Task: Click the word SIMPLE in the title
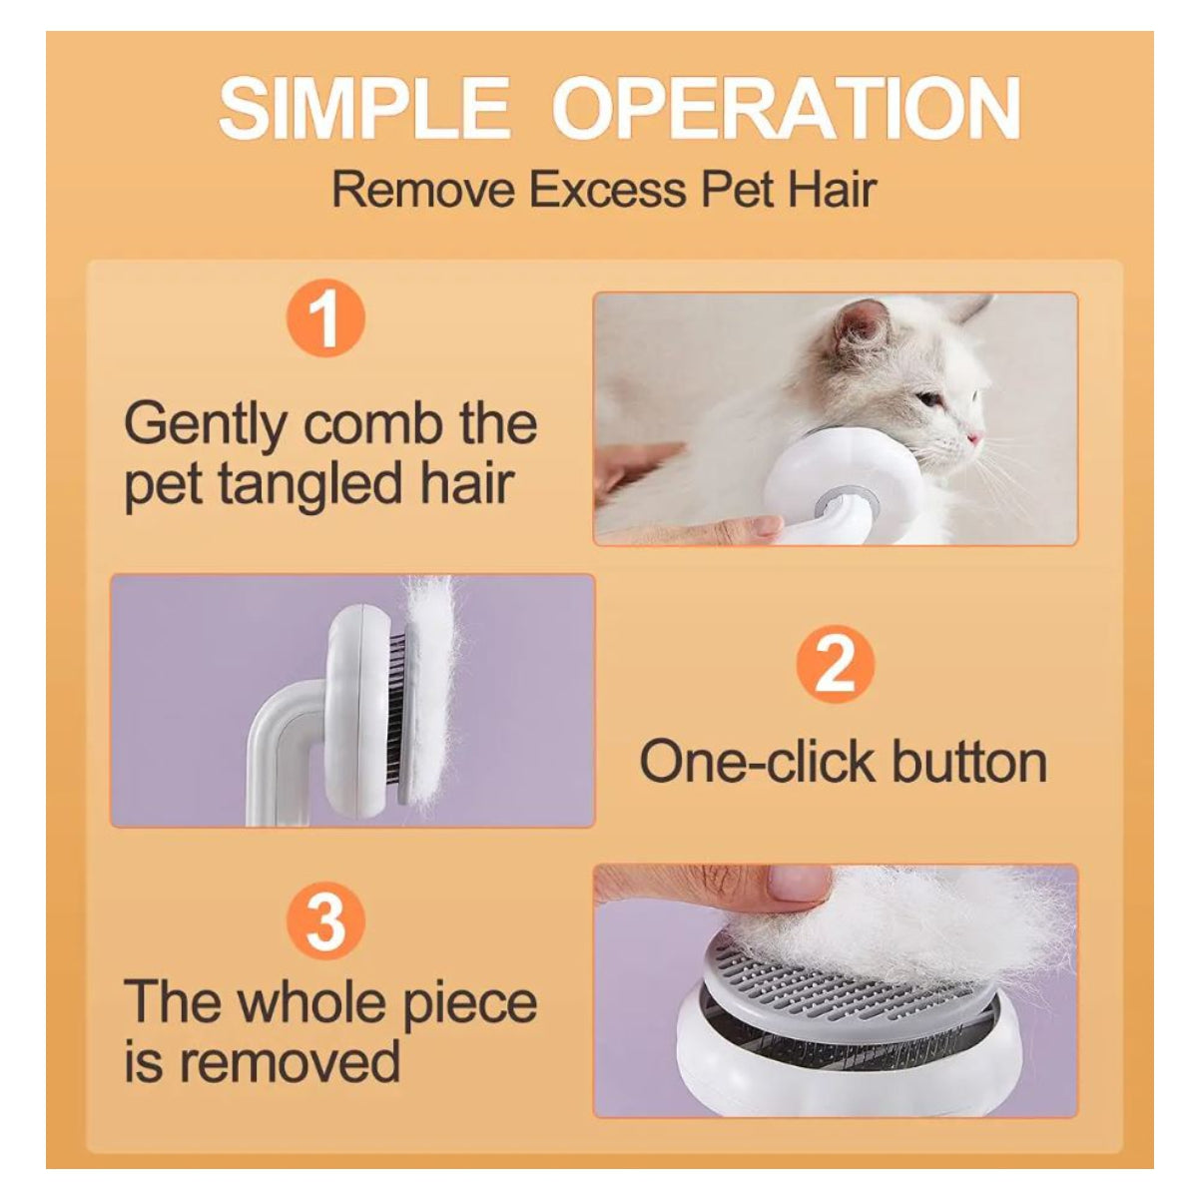click(363, 110)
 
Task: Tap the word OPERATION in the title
click(787, 110)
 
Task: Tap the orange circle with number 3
click(324, 921)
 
